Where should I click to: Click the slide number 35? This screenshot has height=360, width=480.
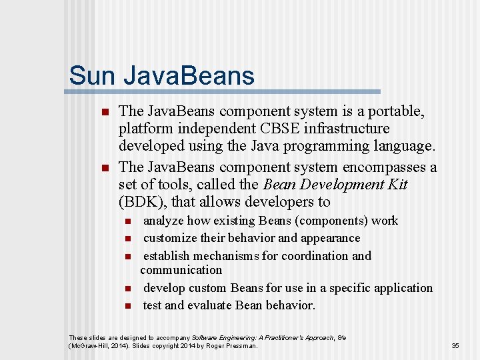click(455, 346)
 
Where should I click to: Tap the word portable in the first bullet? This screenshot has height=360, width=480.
click(391, 111)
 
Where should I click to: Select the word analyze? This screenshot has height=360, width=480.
click(163, 221)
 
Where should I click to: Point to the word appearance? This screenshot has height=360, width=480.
click(329, 238)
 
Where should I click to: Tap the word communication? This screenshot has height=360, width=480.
click(181, 270)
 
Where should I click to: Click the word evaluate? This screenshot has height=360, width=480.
click(209, 305)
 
